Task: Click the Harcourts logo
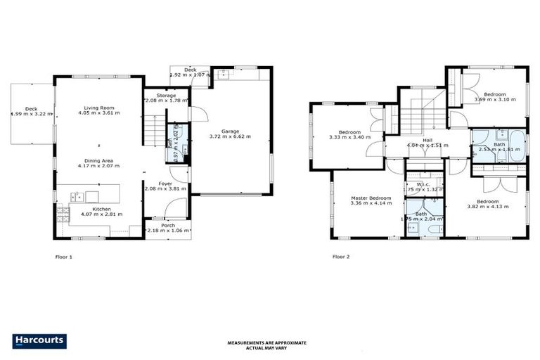40,341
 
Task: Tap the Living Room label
99,105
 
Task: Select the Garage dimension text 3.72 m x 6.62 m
231,136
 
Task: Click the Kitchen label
101,209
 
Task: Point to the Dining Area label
99,160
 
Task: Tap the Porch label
167,225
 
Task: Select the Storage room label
167,95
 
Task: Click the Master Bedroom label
371,198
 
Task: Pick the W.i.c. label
423,184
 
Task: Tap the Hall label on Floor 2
427,140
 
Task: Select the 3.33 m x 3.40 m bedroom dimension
349,138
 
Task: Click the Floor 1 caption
64,257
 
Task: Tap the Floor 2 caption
341,257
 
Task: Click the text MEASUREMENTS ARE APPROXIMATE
267,342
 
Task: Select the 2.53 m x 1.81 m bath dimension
498,149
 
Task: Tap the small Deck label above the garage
190,70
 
